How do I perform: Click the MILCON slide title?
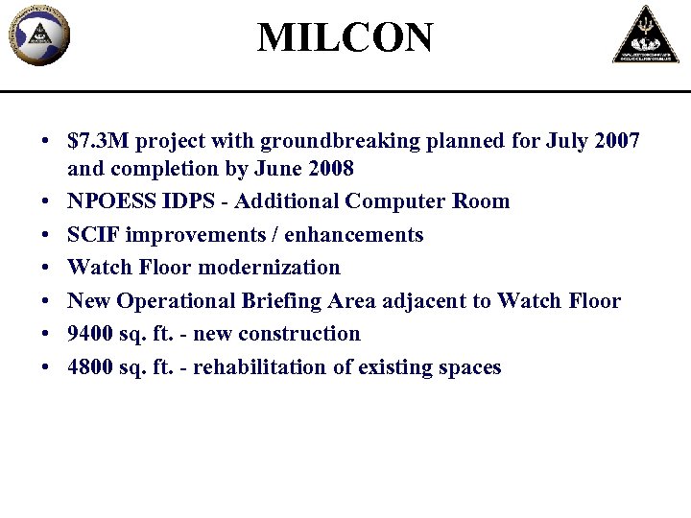click(345, 38)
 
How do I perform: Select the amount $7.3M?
click(94, 141)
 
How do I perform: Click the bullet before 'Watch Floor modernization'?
click(46, 268)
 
